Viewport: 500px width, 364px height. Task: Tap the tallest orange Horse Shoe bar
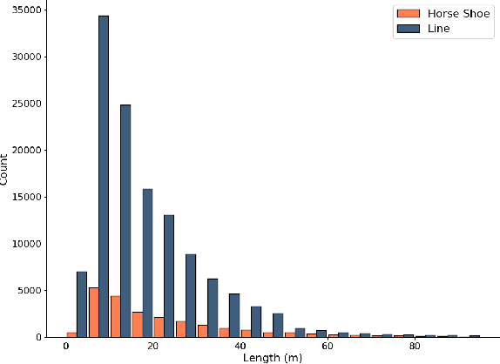tap(93, 312)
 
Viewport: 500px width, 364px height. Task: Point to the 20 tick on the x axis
tap(153, 347)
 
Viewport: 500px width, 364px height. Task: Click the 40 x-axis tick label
tap(240, 347)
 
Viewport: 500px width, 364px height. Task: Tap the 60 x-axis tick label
tap(328, 347)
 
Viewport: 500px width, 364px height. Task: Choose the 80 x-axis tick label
tap(415, 347)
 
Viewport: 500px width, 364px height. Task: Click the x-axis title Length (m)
tap(272, 358)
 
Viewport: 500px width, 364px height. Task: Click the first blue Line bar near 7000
tap(82, 304)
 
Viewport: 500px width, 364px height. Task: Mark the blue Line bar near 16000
tap(147, 262)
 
